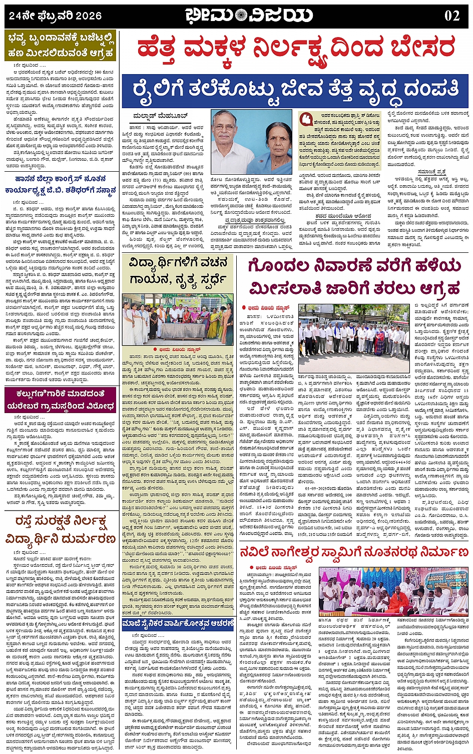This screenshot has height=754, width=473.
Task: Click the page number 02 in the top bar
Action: click(x=451, y=15)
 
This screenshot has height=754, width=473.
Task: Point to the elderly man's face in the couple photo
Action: click(x=223, y=127)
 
